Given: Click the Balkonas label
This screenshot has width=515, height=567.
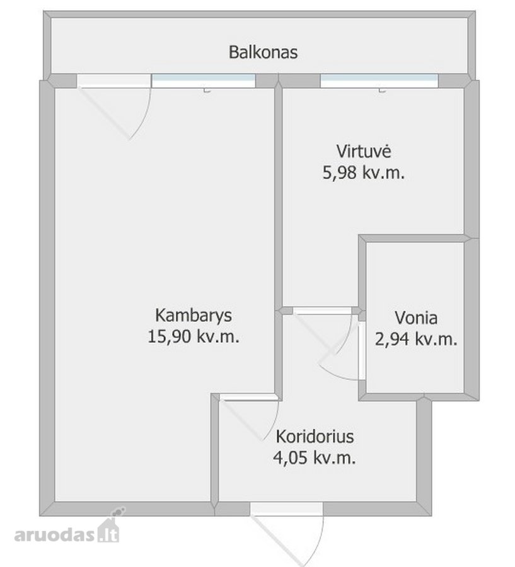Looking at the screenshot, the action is click(263, 52).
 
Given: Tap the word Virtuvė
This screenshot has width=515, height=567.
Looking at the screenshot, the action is click(364, 151).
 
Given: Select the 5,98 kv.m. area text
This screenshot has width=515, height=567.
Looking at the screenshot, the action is click(363, 173).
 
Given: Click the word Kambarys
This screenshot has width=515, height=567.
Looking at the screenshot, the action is click(194, 316).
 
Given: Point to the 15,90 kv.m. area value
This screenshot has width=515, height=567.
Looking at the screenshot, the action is click(194, 336).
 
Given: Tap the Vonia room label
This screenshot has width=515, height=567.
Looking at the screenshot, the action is click(416, 318).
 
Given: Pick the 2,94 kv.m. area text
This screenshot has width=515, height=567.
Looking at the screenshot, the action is click(416, 339).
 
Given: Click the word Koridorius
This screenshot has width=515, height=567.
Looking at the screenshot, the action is click(315, 437).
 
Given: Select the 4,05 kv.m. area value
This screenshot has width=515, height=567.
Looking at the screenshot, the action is click(314, 458).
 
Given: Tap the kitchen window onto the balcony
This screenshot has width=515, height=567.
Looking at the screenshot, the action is click(379, 81).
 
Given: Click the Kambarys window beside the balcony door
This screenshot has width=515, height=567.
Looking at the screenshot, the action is click(203, 81).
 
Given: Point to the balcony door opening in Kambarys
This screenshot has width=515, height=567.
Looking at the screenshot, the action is click(113, 81).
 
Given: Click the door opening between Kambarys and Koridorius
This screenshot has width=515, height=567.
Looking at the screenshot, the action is click(250, 397).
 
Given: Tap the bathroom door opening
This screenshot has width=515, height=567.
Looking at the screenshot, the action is click(362, 350).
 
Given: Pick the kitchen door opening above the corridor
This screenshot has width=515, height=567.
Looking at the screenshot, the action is click(322, 311).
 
